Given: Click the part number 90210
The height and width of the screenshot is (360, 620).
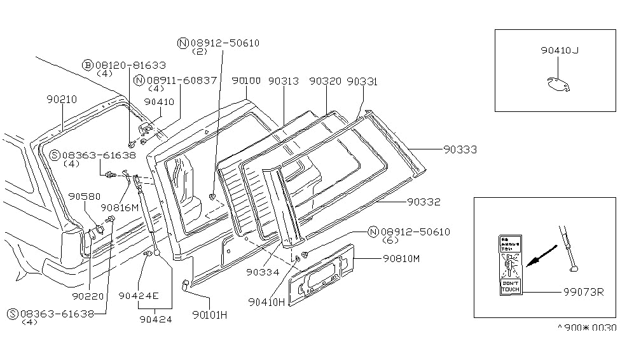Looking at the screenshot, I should click(62, 100).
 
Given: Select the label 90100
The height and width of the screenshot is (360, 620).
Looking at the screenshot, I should click(246, 81).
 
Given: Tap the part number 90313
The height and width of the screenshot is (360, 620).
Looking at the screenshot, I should click(283, 81).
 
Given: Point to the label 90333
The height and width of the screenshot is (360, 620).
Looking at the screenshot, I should click(462, 149).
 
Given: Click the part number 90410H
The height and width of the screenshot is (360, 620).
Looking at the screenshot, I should click(267, 302).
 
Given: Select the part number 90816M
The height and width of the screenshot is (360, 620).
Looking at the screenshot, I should click(120, 207).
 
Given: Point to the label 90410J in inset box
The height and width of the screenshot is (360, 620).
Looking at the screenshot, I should click(559, 50).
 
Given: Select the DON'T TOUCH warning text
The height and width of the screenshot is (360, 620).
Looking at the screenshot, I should click(510, 286).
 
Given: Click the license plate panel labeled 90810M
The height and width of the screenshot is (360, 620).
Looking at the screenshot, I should click(318, 270).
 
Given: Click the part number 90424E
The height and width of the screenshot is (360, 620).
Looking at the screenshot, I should click(138, 296).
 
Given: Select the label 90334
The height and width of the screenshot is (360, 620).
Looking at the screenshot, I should click(262, 272).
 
